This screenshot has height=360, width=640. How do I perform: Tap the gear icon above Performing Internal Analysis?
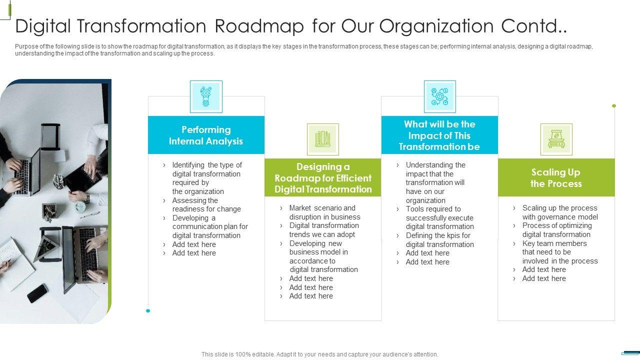tap(206, 96)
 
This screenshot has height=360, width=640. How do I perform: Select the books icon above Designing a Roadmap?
tap(322, 139)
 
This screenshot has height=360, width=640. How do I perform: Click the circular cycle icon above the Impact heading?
tap(439, 96)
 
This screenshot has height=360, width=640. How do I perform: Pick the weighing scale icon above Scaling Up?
tap(556, 139)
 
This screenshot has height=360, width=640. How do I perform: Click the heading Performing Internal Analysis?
tap(206, 135)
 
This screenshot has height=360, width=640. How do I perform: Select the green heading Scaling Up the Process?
tap(556, 178)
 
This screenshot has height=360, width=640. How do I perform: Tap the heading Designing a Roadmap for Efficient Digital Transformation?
tap(323, 178)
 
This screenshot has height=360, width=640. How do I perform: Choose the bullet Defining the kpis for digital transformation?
tap(439, 240)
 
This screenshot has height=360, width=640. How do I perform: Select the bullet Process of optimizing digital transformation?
tap(556, 230)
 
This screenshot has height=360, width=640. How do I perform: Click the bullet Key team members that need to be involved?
tap(559, 252)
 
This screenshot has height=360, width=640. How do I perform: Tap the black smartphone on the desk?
tap(37, 293)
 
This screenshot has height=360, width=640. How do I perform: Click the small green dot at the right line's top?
tap(614, 106)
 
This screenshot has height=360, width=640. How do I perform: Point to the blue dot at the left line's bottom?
tap(148, 311)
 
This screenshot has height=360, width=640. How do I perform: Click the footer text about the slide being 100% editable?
tap(319, 354)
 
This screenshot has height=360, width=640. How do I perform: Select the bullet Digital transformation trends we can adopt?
tap(322, 230)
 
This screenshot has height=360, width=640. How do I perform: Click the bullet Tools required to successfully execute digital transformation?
tap(439, 217)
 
